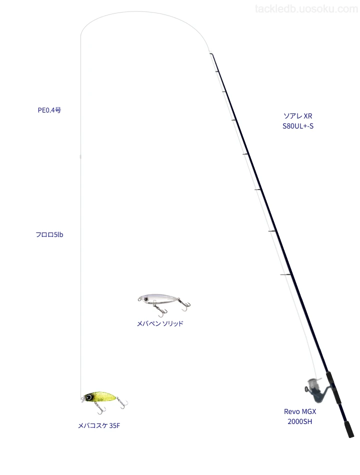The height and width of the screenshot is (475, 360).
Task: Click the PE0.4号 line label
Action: (49, 110)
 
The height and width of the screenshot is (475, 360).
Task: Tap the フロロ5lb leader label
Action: (49, 235)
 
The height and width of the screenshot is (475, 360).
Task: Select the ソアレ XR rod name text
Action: (298, 116)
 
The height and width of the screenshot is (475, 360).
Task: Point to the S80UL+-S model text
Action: (298, 126)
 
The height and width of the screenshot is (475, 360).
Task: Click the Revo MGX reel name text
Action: (300, 411)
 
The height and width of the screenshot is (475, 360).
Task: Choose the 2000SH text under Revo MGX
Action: (299, 421)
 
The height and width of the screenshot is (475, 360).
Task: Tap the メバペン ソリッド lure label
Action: (160, 323)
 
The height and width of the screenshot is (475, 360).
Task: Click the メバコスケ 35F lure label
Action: (99, 425)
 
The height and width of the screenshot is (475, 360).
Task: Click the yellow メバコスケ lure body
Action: (99, 396)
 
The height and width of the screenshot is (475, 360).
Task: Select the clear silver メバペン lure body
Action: (159, 298)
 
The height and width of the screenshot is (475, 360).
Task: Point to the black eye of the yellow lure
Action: (89, 397)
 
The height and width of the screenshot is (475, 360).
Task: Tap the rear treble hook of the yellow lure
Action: (123, 403)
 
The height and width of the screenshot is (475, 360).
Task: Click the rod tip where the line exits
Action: (210, 54)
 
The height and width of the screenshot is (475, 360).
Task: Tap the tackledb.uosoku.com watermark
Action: (306, 9)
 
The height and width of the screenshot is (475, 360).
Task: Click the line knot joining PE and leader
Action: (80, 156)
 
